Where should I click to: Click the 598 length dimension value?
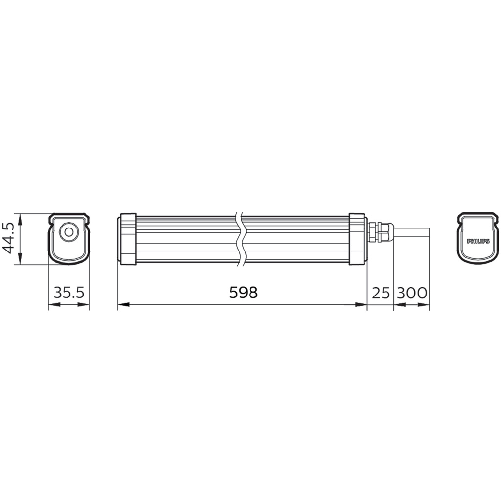coord(243,293)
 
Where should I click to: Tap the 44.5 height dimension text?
coord(7,238)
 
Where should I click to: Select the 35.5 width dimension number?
coord(69,293)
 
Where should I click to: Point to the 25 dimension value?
coord(381,293)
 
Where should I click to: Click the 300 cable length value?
coord(411,293)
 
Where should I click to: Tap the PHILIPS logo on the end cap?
coord(478,241)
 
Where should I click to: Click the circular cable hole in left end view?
coord(68,232)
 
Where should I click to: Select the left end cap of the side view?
coord(128,239)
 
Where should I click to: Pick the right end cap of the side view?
coord(357,239)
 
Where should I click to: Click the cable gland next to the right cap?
coord(381,232)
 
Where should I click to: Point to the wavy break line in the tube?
coord(240,239)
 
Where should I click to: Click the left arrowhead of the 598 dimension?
coord(123,304)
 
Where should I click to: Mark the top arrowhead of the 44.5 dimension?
coord(20,218)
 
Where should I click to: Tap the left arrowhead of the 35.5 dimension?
coord(53,304)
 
